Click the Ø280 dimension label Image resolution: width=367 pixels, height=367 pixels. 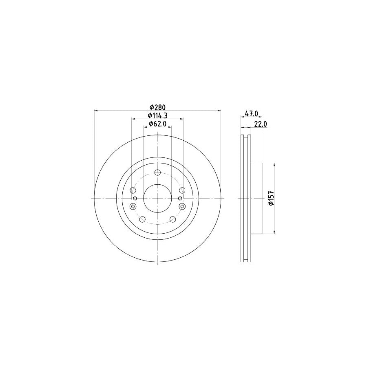coord(157,107)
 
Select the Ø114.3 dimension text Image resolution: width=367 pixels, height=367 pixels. coord(157,115)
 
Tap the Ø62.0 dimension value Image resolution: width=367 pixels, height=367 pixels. coord(157,124)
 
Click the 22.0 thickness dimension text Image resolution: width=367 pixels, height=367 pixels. coord(260,124)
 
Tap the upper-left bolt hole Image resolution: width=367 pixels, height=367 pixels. coord(133,190)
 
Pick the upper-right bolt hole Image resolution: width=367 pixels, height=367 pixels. coord(182,190)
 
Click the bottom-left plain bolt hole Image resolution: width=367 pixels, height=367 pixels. coord(142,219)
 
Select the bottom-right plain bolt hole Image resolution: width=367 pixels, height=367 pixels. coord(172,219)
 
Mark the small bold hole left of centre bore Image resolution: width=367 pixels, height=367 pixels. coord(135,199)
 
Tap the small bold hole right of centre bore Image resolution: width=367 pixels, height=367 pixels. coord(180,199)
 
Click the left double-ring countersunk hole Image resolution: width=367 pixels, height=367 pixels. coord(133,206)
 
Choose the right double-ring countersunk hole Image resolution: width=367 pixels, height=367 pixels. coord(182,206)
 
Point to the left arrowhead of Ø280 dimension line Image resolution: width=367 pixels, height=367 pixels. coord(96,111)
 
